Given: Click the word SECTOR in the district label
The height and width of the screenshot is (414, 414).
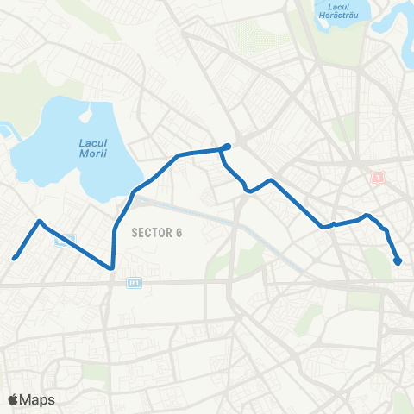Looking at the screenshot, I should (149, 232).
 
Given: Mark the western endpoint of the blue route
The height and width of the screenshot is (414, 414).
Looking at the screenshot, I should (14, 257).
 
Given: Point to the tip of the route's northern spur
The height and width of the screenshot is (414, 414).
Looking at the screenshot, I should (228, 145).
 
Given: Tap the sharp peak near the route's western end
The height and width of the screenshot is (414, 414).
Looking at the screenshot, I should (39, 221).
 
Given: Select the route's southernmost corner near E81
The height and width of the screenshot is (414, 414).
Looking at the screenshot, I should (112, 267).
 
